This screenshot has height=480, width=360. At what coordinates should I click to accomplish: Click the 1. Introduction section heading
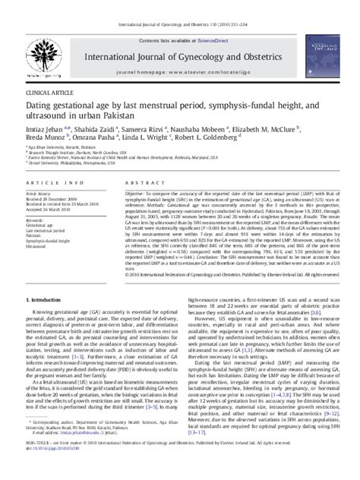pyautogui.click(x=54, y=299)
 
